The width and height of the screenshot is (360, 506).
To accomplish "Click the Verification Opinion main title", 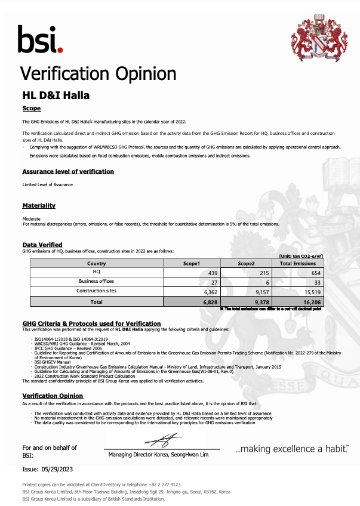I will point(99,73).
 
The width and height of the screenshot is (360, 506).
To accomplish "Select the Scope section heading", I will point(31,109).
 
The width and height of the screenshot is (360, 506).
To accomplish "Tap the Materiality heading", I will point(39,205).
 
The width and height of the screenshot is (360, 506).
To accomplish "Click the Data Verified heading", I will point(42,245).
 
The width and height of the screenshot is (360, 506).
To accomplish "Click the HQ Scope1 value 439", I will point(211,271).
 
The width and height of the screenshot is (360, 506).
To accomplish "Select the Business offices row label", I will point(96,281).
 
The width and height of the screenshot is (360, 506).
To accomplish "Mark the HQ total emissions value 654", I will point(314,271).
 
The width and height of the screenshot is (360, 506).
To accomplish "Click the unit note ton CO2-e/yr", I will point(301,256).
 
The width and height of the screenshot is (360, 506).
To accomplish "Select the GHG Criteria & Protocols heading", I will point(83,323).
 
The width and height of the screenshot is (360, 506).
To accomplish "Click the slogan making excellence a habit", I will point(292,448).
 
